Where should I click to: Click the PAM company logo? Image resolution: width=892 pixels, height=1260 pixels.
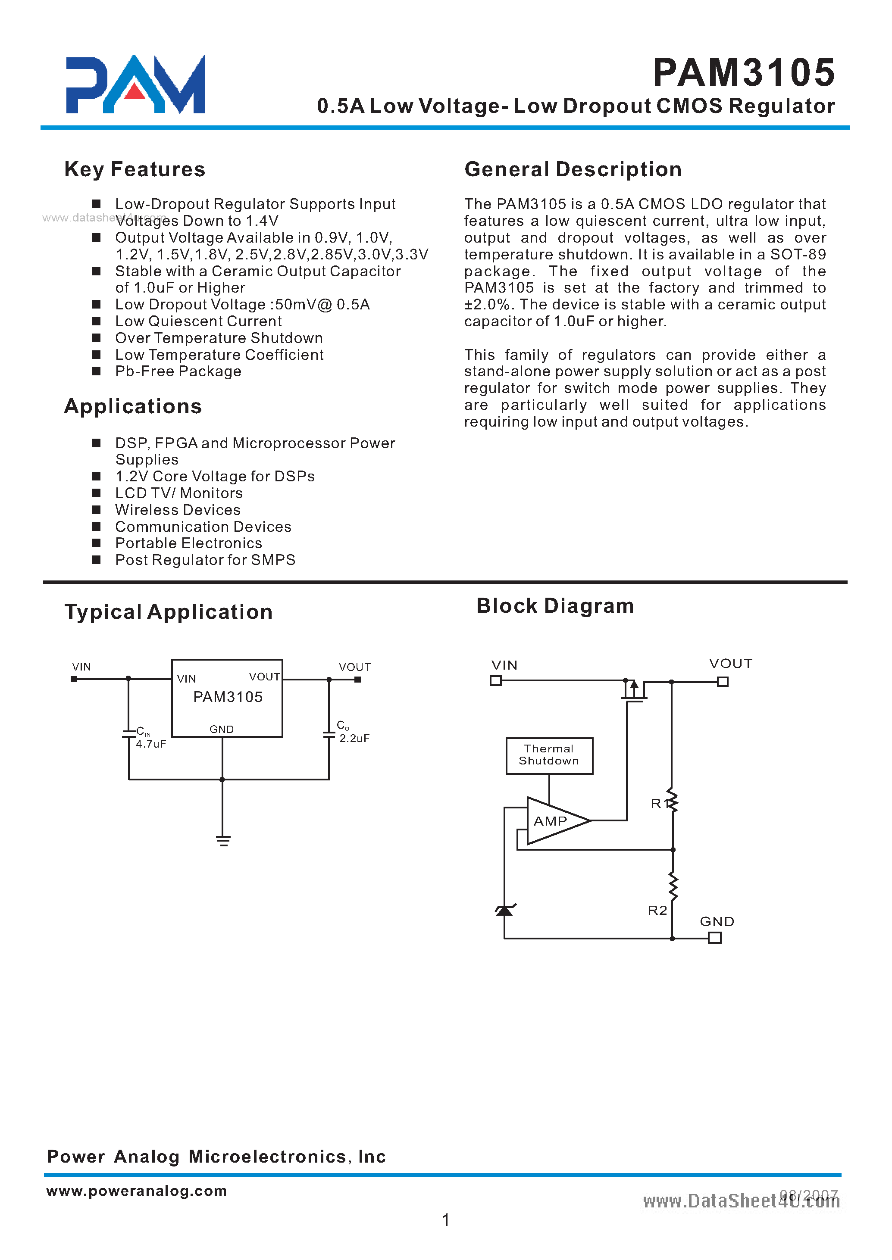135,85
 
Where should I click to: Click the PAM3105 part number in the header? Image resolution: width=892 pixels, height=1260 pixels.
744,73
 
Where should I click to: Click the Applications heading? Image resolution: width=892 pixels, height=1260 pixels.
133,407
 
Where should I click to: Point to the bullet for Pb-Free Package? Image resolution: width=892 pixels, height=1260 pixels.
96,371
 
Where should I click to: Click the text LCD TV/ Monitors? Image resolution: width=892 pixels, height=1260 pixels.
178,493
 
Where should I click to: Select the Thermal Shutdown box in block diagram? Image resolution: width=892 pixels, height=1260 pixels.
549,755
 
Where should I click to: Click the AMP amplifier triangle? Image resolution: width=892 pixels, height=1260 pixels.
552,821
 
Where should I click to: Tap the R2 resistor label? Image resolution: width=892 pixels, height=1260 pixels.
657,910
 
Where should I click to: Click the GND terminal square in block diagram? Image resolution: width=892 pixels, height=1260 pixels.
714,938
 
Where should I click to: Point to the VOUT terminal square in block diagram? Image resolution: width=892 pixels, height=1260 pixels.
723,681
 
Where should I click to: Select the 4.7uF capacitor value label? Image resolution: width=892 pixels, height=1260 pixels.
151,744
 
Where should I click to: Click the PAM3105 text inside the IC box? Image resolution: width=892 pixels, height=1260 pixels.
228,697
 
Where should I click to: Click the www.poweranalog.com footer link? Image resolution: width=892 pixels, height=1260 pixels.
136,1190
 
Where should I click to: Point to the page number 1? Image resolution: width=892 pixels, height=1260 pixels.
445,1219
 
